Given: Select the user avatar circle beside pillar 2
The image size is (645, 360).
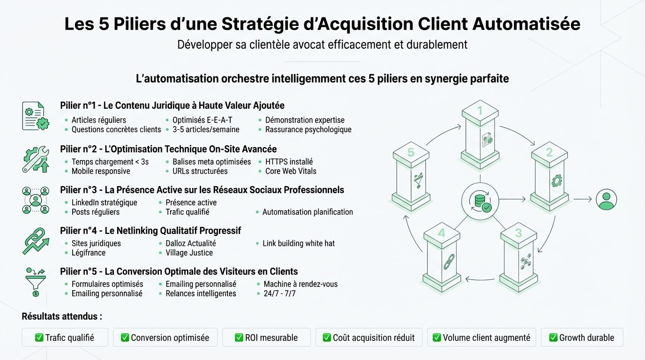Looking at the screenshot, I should [606, 199].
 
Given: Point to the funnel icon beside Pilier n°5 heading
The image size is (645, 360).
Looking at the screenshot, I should [35, 281].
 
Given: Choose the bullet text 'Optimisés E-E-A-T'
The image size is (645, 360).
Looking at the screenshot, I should [202, 120].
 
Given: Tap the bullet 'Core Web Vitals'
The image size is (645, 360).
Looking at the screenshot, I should [291, 171].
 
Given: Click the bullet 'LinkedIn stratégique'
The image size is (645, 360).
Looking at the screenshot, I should [104, 202].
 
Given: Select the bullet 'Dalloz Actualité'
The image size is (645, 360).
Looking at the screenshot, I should [191, 243].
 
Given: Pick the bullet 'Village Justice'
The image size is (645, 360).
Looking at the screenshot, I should [189, 253].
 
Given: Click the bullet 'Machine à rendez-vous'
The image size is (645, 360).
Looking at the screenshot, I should [300, 284].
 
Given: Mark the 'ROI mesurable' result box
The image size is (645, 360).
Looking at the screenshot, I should [266, 337].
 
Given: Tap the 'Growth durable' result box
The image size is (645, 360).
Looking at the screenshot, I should [582, 337].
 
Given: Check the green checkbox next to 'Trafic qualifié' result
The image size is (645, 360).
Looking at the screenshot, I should [39, 337].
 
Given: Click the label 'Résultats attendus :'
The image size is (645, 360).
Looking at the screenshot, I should [62, 316].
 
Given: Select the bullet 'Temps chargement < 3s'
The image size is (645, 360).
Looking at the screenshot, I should [110, 162].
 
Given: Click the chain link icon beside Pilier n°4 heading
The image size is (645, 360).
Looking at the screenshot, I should [35, 240].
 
